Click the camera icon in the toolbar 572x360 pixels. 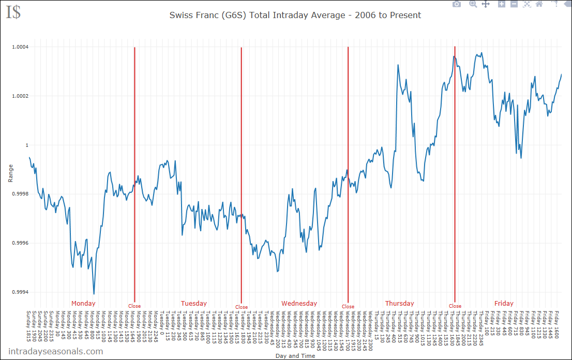[457, 4]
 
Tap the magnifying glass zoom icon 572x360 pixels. [473, 4]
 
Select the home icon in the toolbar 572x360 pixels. [539, 4]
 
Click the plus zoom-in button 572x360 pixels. [501, 4]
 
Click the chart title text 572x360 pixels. [295, 15]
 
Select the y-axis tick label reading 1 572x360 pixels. [27, 145]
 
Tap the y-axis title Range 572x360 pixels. [10, 173]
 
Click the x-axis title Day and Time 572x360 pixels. [295, 356]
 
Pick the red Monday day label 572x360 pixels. [83, 304]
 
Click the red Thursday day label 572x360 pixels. [399, 304]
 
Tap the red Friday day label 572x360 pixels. [504, 304]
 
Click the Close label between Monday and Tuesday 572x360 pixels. [134, 306]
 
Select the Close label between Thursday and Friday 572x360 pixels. [455, 306]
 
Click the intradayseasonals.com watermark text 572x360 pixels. [55, 351]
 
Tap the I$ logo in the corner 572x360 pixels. [13, 12]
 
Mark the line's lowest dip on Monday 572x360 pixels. [94, 294]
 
